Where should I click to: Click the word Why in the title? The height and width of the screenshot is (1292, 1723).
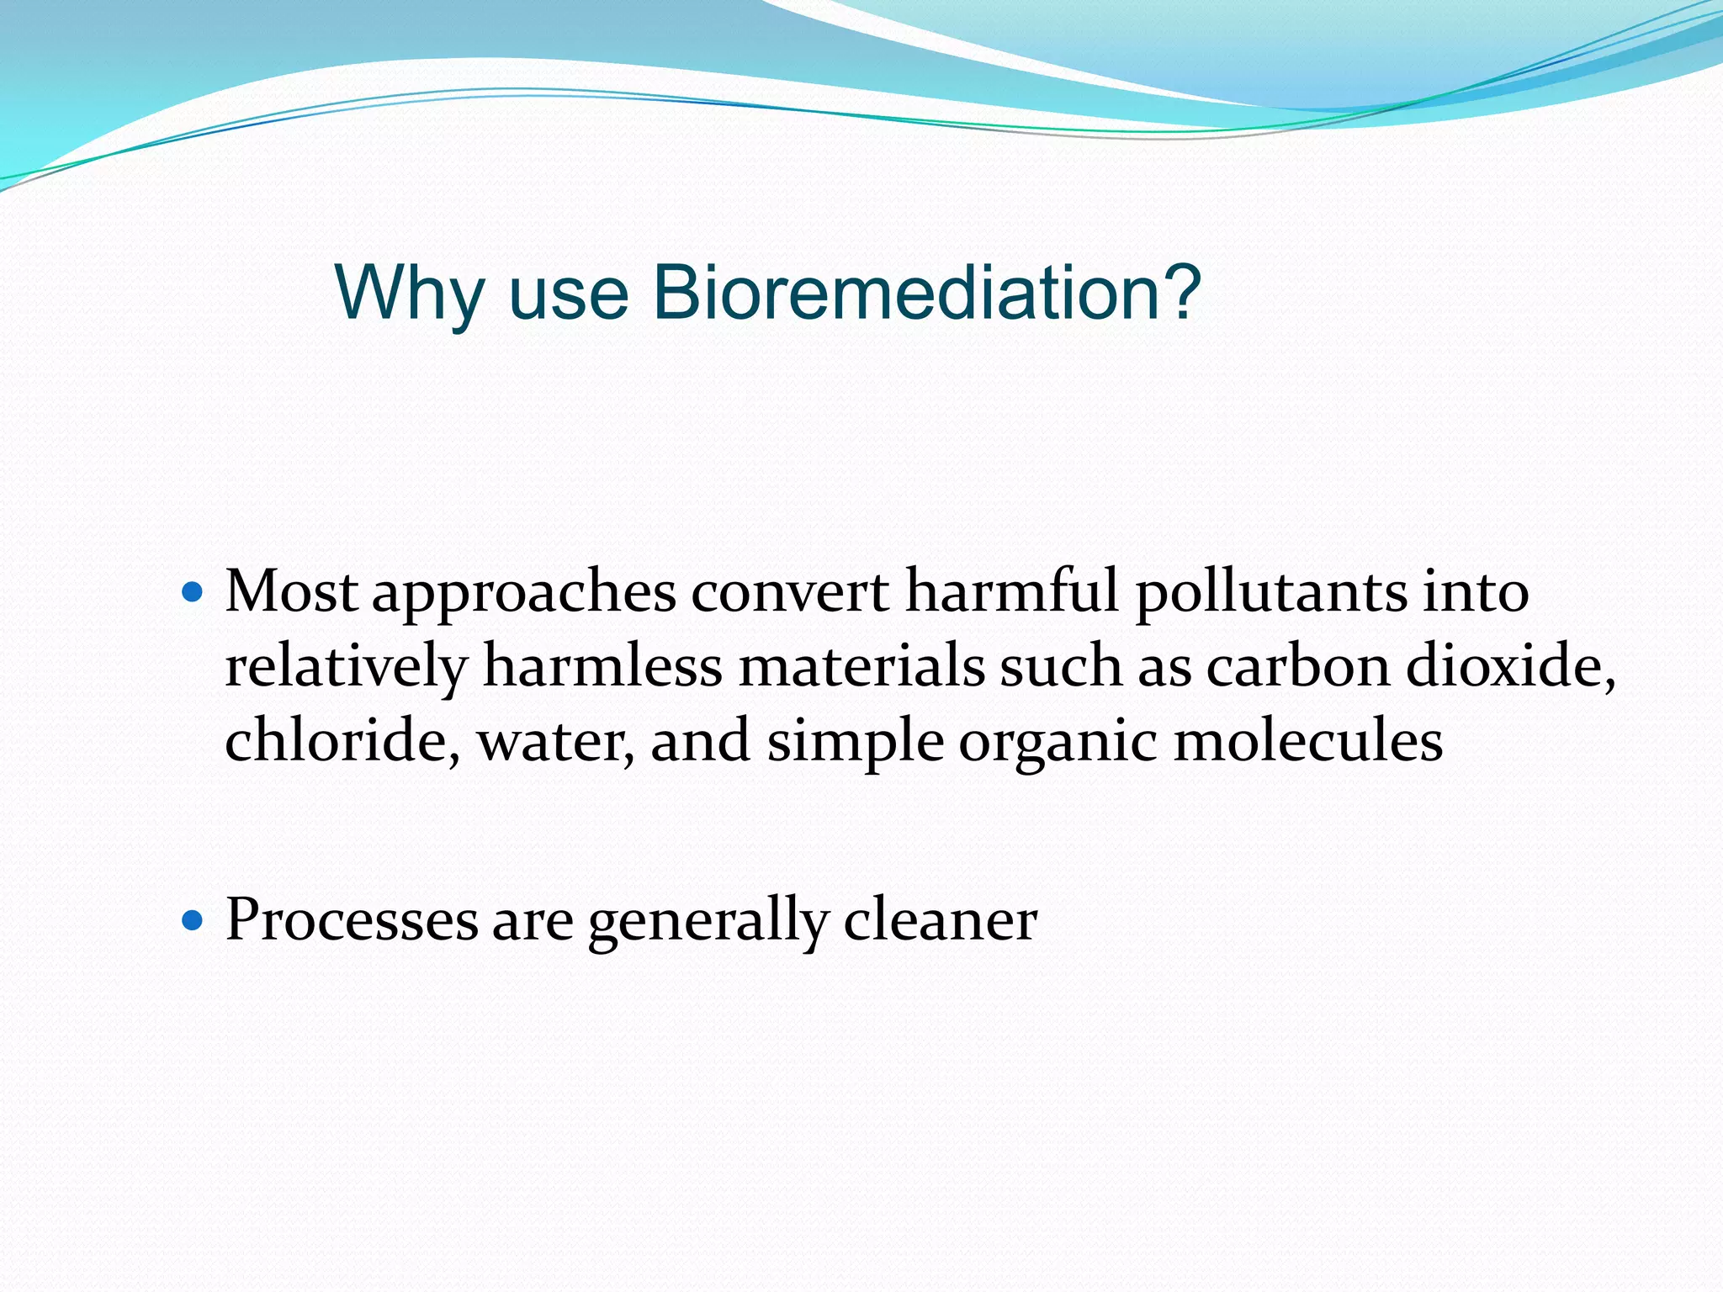409,293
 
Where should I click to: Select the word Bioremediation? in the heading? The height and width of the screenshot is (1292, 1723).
926,293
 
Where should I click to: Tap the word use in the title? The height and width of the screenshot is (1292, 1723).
569,294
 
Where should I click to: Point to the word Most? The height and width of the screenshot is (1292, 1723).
291,591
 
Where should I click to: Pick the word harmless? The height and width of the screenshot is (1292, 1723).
602,666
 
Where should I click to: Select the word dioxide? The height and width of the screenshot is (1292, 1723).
1509,666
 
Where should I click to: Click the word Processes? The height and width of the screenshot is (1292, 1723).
352,919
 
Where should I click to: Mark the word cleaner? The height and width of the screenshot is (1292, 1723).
940,919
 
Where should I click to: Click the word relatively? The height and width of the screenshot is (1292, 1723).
345,668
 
